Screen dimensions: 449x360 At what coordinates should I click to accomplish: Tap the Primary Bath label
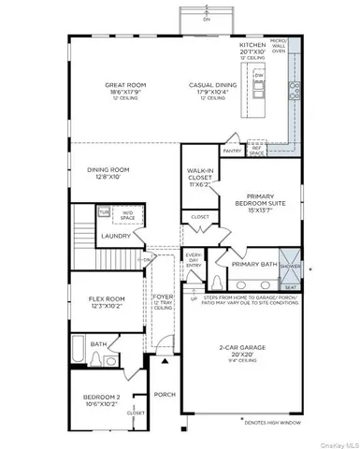[x=254, y=265]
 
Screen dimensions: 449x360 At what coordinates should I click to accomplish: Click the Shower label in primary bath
[x=291, y=265]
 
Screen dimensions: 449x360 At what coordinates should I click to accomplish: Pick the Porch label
[x=165, y=394]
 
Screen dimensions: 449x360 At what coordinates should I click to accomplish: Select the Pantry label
[x=232, y=150]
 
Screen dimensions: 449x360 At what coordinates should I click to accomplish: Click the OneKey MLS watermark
[x=336, y=442]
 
